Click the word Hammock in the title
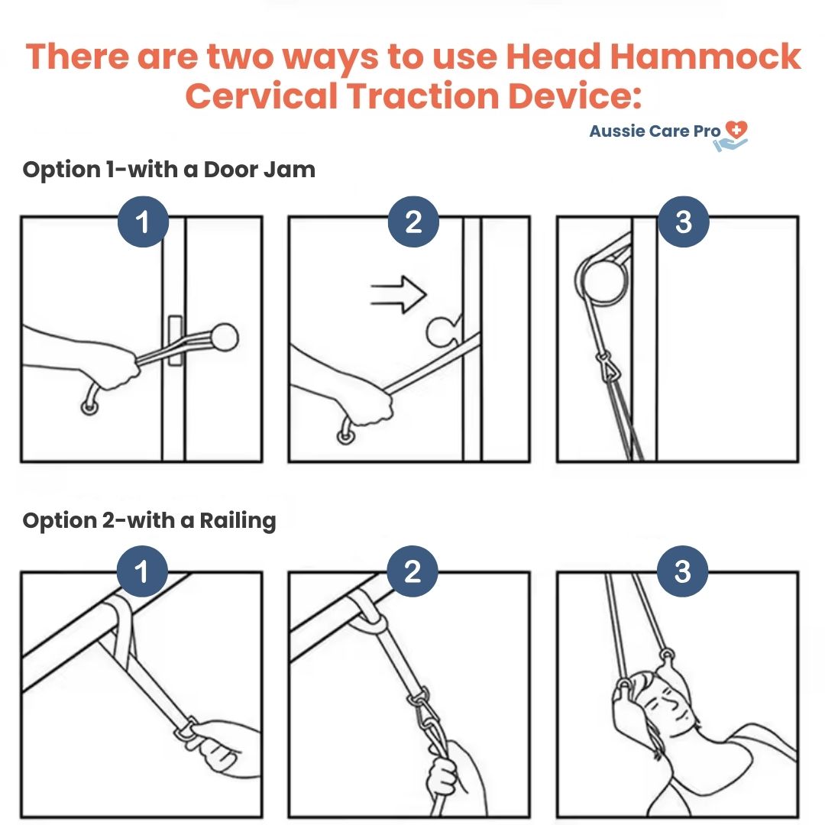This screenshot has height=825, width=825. pos(706,57)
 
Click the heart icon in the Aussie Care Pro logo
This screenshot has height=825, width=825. pos(736,129)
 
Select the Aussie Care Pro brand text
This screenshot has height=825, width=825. pos(655,131)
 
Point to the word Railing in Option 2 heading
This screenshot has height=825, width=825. pos(238,521)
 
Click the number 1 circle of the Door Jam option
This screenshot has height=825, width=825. pos(143,222)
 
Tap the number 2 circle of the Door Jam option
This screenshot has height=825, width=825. pos(413,222)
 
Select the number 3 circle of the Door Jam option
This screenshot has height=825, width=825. pos(684,222)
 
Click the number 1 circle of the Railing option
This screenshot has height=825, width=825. pos(142,571)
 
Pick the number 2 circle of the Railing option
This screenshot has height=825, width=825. pos(412,571)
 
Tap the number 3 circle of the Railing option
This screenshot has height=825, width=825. pos(682,571)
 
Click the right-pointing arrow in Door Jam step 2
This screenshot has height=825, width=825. pos(399,295)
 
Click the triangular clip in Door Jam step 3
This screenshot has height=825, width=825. pos(608,367)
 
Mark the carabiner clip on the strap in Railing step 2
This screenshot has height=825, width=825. pos(424,711)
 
